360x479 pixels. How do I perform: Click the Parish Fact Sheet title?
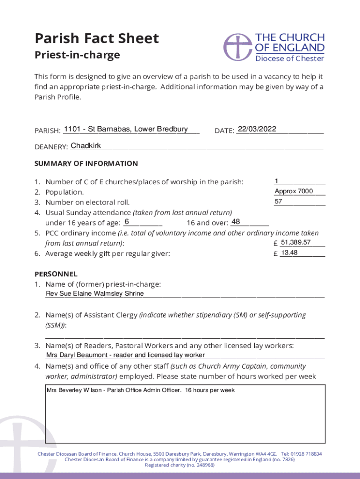click(x=97, y=38)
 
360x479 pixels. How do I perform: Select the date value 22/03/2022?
click(x=257, y=129)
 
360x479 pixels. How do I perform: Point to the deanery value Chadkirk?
click(x=86, y=146)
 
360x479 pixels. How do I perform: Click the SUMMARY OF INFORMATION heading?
click(x=86, y=163)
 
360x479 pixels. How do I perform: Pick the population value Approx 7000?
click(x=294, y=191)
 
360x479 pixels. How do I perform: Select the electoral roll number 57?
click(x=279, y=202)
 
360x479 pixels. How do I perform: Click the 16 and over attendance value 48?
click(x=236, y=221)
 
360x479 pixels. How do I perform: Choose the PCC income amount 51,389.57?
click(x=295, y=242)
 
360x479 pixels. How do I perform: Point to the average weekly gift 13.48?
click(x=289, y=253)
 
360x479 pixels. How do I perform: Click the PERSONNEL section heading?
click(x=56, y=274)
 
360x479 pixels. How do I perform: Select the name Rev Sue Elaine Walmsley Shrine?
click(x=95, y=294)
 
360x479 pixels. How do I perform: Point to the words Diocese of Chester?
click(x=289, y=58)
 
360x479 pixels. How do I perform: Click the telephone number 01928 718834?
click(x=306, y=454)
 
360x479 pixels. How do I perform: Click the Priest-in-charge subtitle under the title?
click(x=77, y=55)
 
